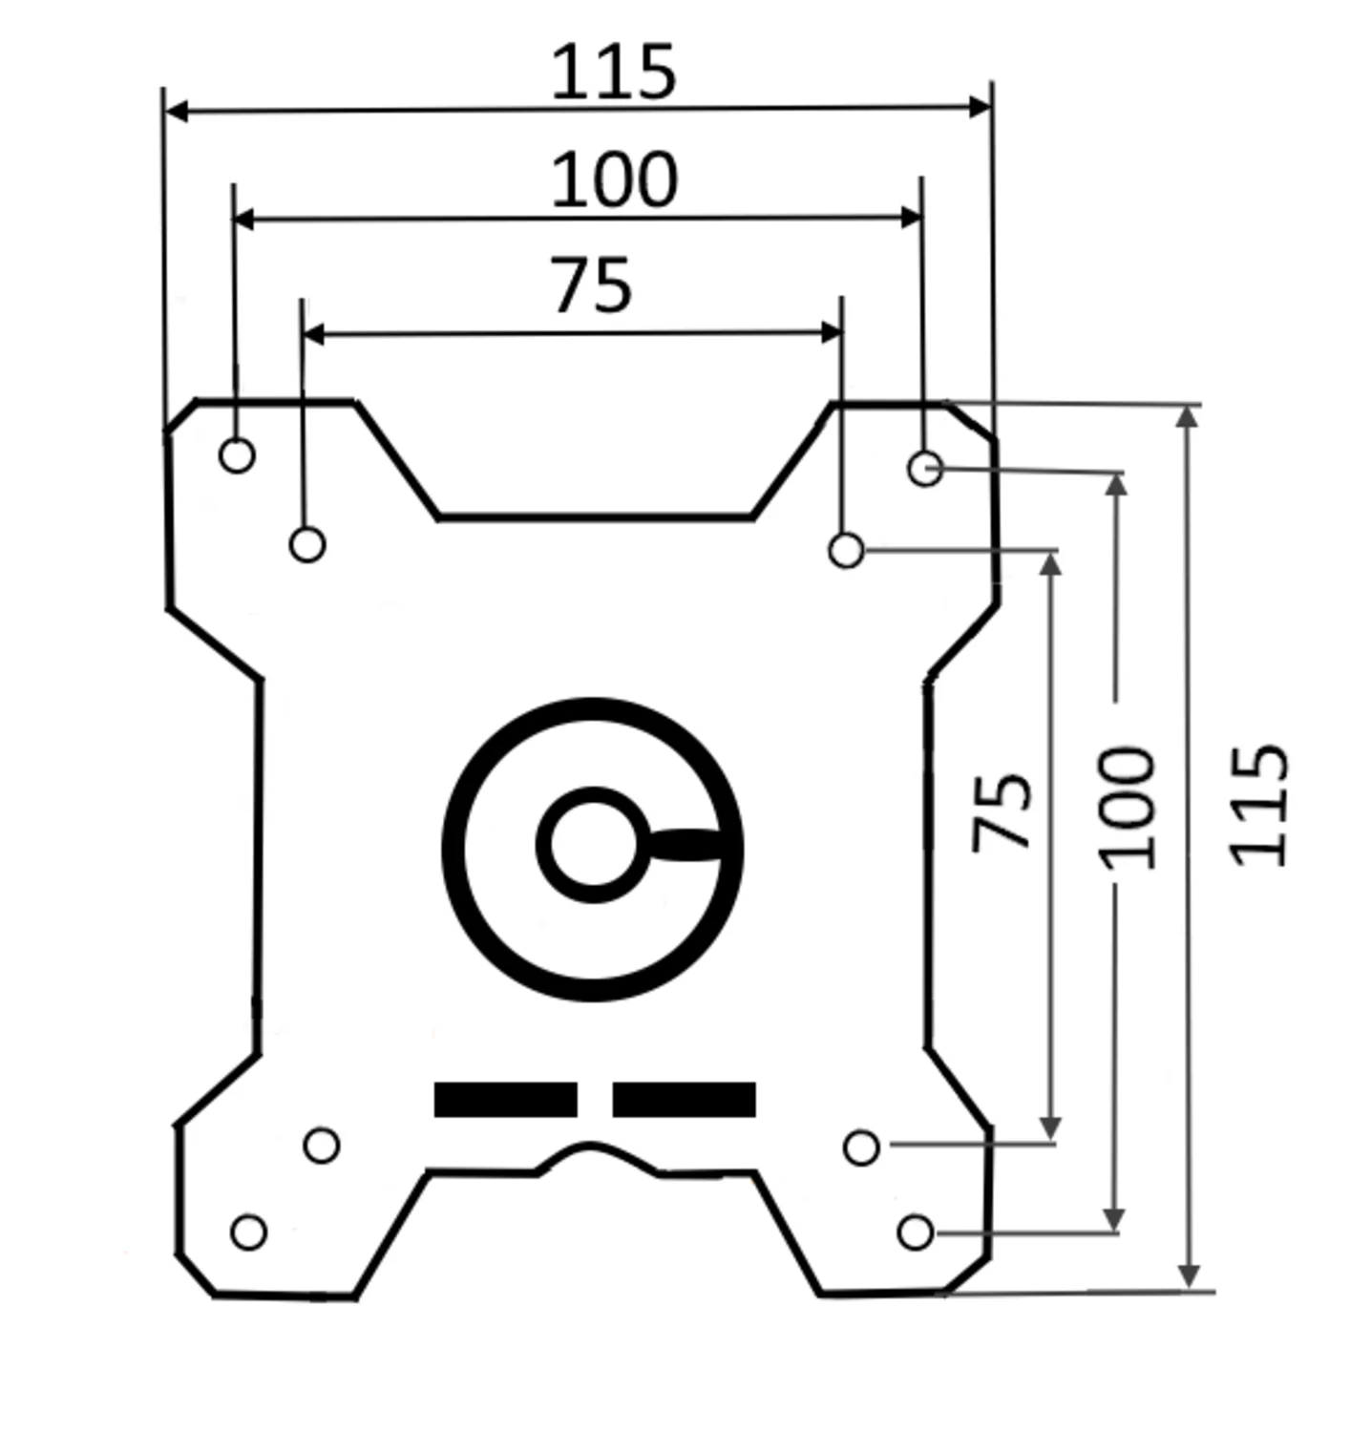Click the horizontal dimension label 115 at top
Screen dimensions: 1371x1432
tap(614, 72)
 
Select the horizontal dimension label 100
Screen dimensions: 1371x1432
tap(614, 179)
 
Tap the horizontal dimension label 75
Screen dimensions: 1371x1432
tap(591, 284)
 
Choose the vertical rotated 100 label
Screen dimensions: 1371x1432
tap(1128, 808)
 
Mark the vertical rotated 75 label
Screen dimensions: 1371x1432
tap(1002, 811)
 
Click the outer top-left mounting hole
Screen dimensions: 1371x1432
tap(237, 455)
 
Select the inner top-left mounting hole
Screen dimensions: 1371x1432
tap(306, 544)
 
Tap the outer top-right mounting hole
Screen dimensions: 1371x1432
tap(925, 468)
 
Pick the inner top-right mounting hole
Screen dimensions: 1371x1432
tap(846, 551)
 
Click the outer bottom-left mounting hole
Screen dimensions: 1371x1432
tap(248, 1232)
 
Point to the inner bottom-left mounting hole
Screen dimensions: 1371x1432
tap(321, 1145)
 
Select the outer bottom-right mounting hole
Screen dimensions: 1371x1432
tap(916, 1232)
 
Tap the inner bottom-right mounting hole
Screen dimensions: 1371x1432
tap(861, 1148)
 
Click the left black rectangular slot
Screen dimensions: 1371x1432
tap(506, 1099)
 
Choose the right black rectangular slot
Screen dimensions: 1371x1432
tap(684, 1099)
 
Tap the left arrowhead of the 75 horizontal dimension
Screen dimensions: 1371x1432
tap(313, 334)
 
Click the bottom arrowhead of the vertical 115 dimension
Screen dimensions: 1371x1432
tap(1188, 1277)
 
